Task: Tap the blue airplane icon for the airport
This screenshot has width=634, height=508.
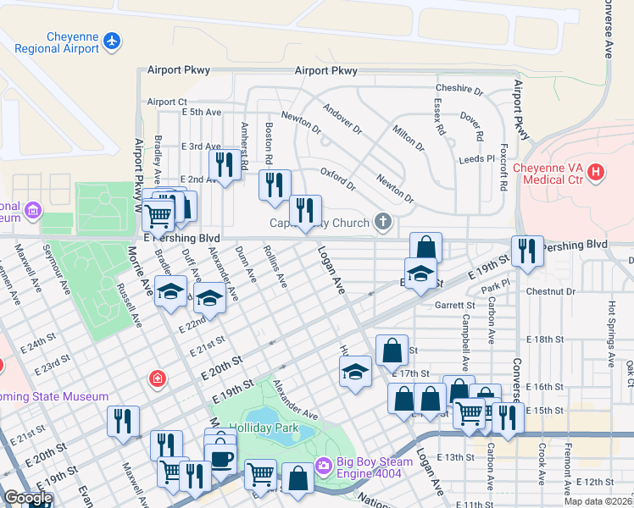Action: pos(111,41)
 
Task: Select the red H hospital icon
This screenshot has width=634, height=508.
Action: pos(597,173)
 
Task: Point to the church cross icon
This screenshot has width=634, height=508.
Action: pos(383,223)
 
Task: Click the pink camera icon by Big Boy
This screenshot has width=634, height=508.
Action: pos(322,466)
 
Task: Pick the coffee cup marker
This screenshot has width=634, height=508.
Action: pos(222,458)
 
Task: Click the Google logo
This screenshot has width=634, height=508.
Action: pos(28,498)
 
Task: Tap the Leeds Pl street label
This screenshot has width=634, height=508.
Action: pos(476,158)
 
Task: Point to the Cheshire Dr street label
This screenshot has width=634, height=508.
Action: pos(459,89)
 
